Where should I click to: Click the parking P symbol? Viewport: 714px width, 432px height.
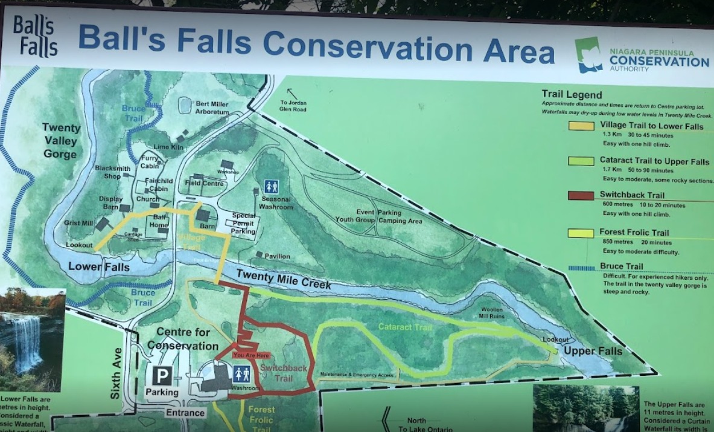(x=162, y=376)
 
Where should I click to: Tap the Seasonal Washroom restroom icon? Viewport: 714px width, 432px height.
(x=271, y=187)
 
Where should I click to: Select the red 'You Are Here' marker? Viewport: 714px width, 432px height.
(x=250, y=355)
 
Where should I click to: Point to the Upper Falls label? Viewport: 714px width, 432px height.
(x=593, y=351)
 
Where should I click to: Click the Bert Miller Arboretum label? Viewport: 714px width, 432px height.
(x=212, y=108)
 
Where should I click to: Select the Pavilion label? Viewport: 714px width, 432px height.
(x=277, y=256)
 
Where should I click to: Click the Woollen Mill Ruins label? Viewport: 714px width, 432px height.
(x=491, y=313)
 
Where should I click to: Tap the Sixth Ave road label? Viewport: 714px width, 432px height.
(x=116, y=373)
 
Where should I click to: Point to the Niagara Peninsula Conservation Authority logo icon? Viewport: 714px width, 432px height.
(x=588, y=55)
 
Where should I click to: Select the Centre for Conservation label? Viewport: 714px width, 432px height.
(x=183, y=339)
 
